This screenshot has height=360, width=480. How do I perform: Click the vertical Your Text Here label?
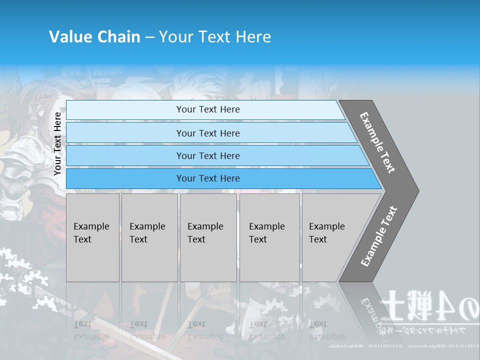[57, 144]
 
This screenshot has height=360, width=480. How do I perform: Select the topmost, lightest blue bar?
[207, 109]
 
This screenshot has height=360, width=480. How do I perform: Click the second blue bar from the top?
[207, 133]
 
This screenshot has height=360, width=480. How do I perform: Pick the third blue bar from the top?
[207, 155]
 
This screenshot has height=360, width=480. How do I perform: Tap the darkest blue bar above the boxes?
[207, 178]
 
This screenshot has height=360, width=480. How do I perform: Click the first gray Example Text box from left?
[92, 237]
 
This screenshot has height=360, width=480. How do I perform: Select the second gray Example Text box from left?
[149, 237]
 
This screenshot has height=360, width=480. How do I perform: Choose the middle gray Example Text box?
[208, 237]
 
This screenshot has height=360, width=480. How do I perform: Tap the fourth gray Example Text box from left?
[269, 237]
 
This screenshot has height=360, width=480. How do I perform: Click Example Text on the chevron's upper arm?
[378, 142]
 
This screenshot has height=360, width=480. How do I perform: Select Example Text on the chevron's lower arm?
[378, 236]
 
